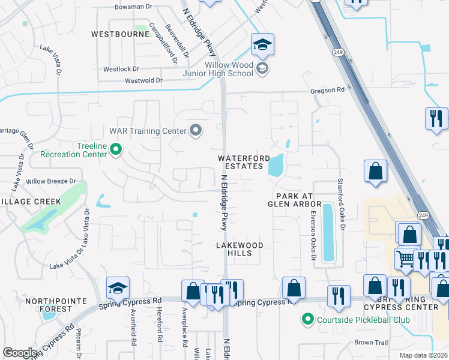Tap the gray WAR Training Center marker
point(196,130)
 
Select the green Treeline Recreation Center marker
point(116,149)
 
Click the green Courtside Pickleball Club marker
point(309,319)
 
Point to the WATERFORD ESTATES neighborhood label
point(241,162)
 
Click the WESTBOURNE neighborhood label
point(120,34)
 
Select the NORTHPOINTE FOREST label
point(48,305)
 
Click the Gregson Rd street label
point(328,91)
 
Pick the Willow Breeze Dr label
point(51,181)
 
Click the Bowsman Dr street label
point(133,7)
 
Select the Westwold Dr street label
point(143,80)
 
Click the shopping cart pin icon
point(405,259)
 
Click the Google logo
point(19,353)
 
